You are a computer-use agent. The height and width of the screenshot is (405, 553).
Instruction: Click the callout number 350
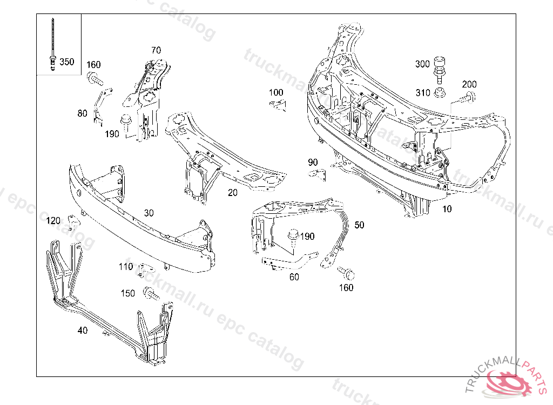67,62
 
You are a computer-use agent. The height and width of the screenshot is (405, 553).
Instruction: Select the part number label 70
156,50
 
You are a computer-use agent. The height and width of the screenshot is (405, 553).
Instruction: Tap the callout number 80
82,113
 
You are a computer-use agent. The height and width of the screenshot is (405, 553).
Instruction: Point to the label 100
275,92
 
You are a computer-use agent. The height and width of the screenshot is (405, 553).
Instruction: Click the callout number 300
422,64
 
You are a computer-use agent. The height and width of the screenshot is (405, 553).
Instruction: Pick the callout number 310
423,93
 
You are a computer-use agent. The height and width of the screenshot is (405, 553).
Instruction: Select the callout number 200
469,84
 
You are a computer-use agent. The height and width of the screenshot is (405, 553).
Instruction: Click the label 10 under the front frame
447,209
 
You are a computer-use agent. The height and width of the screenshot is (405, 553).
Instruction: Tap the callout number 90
313,162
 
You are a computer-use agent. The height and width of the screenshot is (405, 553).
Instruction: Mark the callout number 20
232,192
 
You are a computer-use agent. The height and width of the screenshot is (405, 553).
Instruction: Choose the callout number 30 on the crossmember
149,212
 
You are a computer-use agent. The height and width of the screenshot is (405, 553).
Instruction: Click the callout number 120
53,220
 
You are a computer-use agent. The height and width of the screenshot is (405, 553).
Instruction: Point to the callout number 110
125,266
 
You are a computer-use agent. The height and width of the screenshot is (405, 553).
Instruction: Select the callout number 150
128,293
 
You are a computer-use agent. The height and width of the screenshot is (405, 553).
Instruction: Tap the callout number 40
82,330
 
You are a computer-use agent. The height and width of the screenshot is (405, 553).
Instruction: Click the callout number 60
294,277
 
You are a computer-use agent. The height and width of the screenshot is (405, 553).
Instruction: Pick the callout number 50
359,225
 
